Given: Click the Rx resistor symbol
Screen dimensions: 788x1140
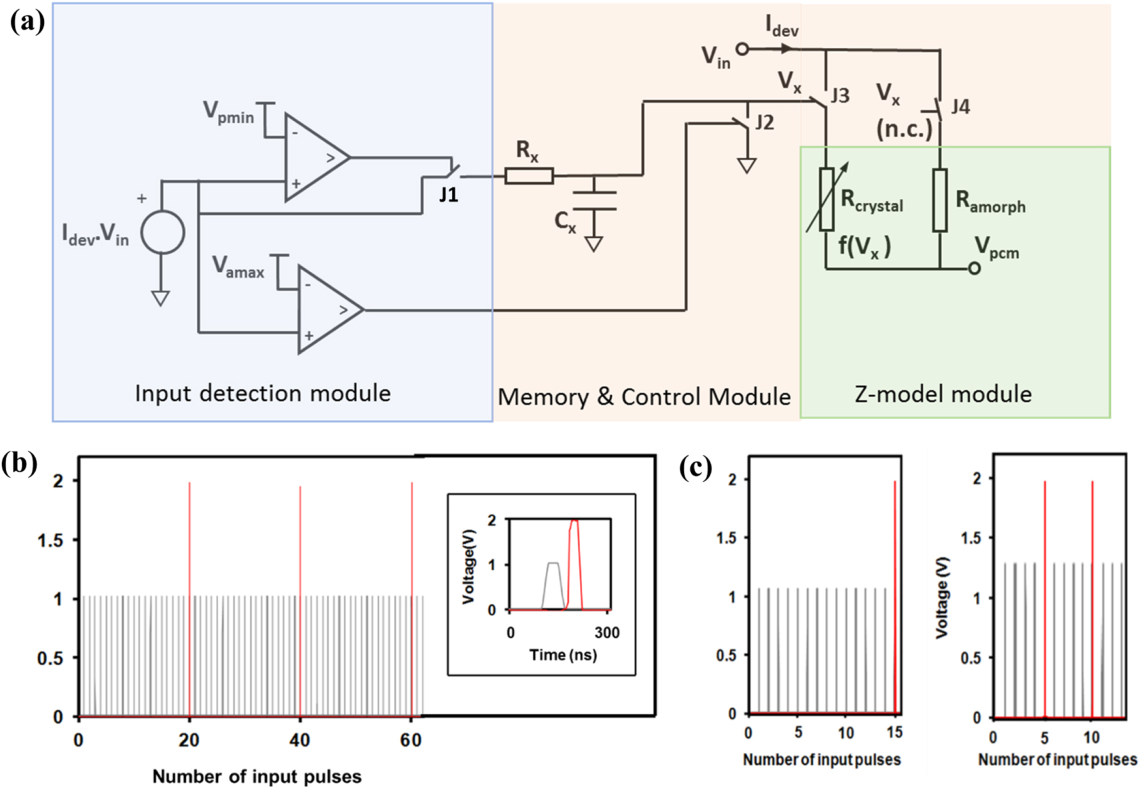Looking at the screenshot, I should pos(529,176).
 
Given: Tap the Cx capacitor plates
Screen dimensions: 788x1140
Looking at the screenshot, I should pos(594,200).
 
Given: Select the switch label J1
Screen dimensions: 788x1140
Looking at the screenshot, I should pos(448,195).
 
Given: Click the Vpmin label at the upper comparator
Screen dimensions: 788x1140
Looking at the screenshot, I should pos(228,113).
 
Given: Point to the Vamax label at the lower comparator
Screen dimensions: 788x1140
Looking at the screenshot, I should pos(237,267).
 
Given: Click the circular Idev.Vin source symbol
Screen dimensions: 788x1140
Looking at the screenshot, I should pos(162,232).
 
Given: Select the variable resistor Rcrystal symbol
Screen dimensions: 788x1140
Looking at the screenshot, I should pos(826,199).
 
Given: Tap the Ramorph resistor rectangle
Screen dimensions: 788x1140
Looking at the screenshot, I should pos(940,200).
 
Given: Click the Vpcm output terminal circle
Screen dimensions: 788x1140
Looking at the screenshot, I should pos(974,269).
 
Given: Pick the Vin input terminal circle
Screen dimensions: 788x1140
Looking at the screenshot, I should pos(742,49).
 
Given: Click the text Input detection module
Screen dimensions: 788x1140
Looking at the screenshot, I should pos(262,393).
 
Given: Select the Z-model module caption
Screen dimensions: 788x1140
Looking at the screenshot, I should pos(943,395).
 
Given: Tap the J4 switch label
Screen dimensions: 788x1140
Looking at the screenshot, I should pos(960,106).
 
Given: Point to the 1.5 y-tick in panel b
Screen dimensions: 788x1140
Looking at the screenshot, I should pos(51,540).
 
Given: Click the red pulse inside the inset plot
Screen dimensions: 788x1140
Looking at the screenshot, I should pos(574,557).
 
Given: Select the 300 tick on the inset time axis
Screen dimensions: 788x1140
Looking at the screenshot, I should pos(606,633).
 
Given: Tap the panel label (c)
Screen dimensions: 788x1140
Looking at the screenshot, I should pos(695,467).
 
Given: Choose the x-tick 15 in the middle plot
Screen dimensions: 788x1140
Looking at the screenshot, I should pos(894,732).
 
